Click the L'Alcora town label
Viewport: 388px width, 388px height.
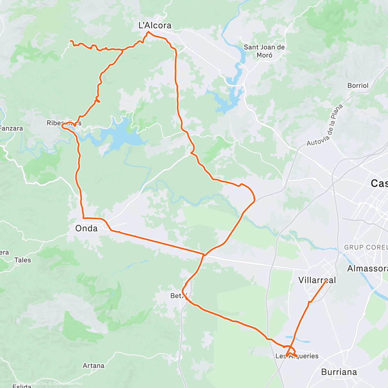click(155, 25)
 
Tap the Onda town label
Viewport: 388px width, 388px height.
click(86, 228)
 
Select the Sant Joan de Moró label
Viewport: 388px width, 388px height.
click(264, 51)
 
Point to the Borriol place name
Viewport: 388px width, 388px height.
click(358, 86)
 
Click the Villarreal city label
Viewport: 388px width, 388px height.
click(317, 280)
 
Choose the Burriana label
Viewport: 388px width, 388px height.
click(339, 372)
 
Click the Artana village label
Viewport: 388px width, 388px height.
click(93, 366)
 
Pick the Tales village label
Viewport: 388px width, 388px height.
click(23, 260)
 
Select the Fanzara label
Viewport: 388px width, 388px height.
click(11, 128)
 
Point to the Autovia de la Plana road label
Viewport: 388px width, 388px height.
click(325, 124)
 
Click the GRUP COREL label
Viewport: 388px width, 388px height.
click(366, 247)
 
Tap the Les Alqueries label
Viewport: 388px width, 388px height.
click(297, 356)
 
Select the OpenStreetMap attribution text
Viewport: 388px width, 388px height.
click(68, 384)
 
